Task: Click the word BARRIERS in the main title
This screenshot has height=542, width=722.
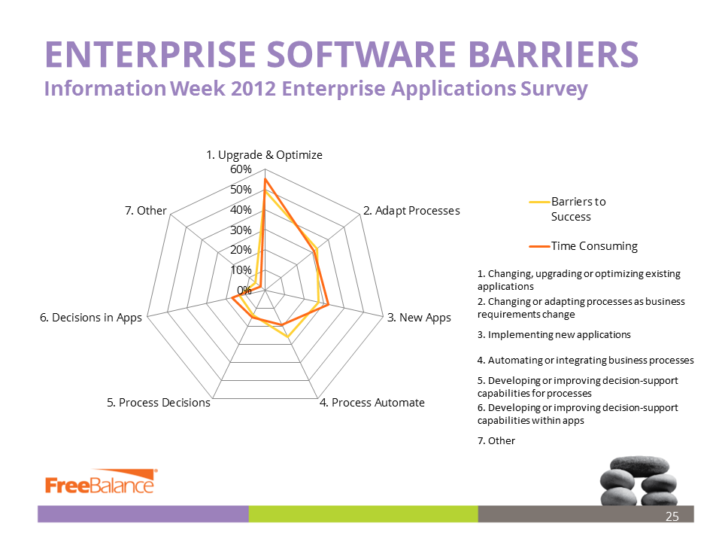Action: tap(553, 54)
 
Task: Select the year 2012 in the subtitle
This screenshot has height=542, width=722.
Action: tap(253, 88)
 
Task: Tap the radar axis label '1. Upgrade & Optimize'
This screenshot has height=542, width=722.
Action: tap(264, 155)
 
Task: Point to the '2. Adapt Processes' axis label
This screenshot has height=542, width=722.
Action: tap(411, 211)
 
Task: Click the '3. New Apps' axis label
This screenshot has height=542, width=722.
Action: tap(419, 318)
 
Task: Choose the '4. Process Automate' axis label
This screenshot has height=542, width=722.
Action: tap(372, 402)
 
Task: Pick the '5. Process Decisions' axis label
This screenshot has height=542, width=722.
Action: tap(159, 402)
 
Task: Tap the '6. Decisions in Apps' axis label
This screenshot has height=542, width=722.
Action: tap(91, 318)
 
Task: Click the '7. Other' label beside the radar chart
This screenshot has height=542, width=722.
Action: tap(145, 211)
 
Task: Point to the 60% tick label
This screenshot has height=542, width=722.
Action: tap(241, 169)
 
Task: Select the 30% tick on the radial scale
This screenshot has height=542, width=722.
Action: tap(241, 230)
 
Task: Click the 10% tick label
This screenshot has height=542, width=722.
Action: tap(241, 269)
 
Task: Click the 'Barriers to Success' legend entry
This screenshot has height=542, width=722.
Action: tap(568, 209)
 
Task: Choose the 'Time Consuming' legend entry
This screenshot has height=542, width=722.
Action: tap(584, 246)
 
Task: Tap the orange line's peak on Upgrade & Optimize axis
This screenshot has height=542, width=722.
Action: tap(265, 179)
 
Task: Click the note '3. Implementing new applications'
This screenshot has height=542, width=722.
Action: tap(554, 334)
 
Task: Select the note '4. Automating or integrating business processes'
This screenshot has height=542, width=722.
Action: tap(585, 361)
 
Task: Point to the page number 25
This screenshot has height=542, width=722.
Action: tap(672, 516)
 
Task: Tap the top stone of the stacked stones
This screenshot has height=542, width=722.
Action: tap(639, 465)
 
